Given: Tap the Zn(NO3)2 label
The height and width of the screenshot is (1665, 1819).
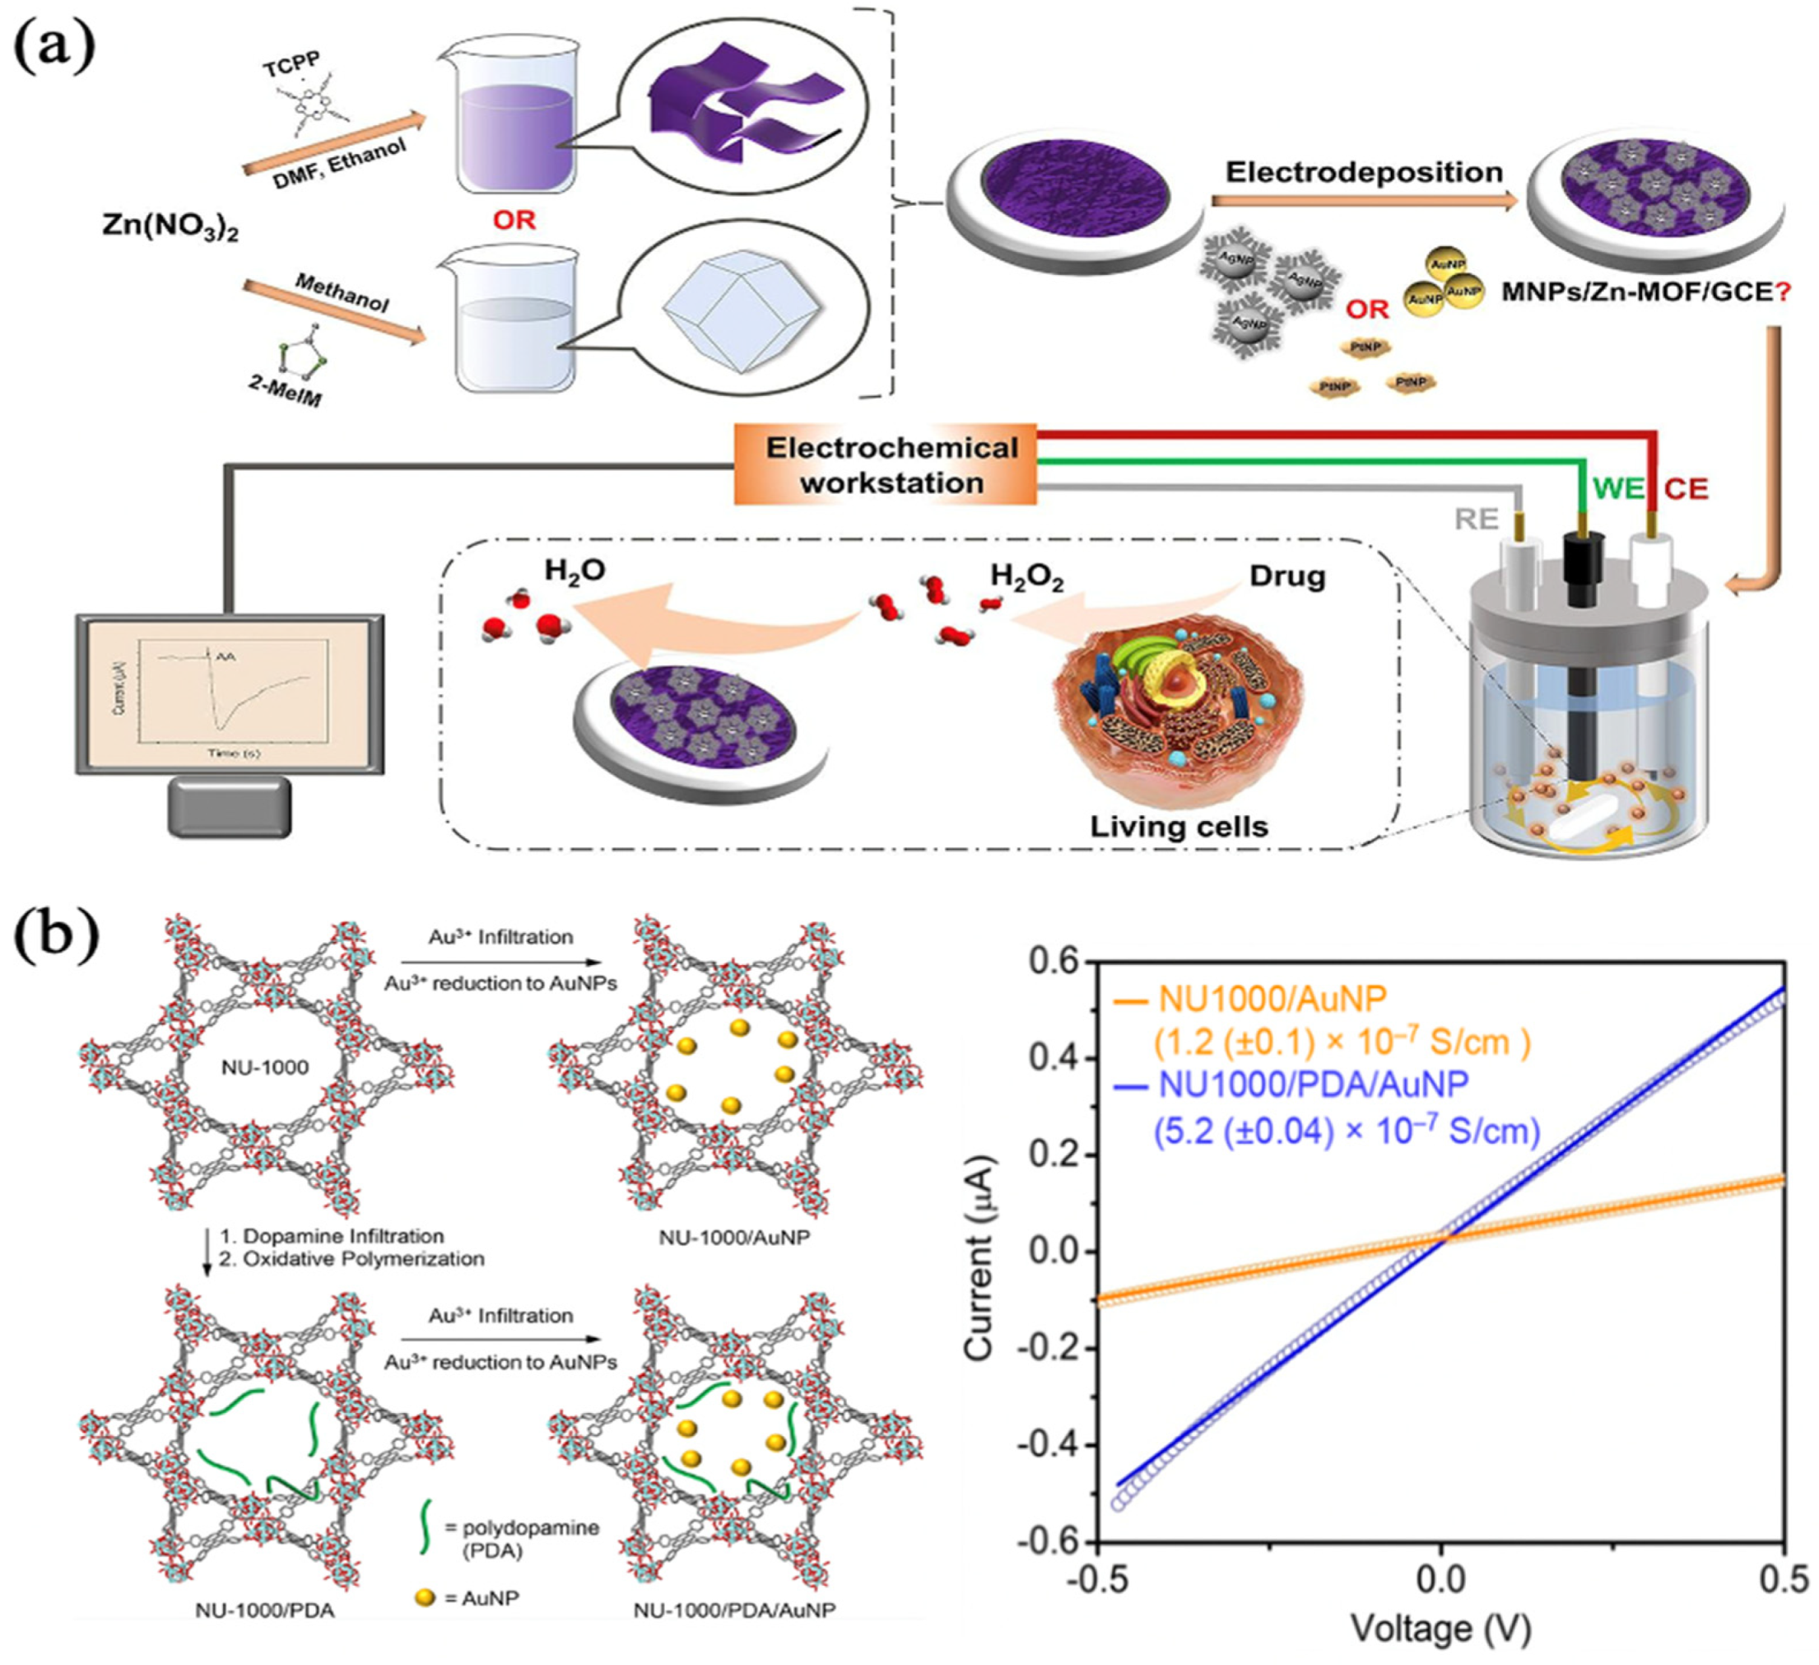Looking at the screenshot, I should pos(170,226).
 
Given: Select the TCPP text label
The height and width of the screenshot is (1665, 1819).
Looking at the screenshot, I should pos(290,69).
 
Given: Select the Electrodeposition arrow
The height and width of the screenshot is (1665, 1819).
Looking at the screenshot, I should pos(1363,200).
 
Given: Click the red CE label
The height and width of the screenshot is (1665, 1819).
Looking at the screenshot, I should pos(1686,489).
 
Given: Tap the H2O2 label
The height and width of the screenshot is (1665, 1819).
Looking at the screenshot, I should pos(1027,576).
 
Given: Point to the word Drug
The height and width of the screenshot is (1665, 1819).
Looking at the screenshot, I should pos(1287,576).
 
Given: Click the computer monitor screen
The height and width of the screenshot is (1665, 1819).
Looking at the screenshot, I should pos(231,693).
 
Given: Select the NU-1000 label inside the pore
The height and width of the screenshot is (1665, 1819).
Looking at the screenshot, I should pos(265,1067).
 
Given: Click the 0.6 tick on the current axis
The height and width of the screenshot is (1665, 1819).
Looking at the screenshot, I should pos(1053,963).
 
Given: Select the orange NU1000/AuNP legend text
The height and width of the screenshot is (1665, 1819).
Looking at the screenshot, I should pos(1272,999).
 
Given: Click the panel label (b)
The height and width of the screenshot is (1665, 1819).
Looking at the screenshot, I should pos(56,940).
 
